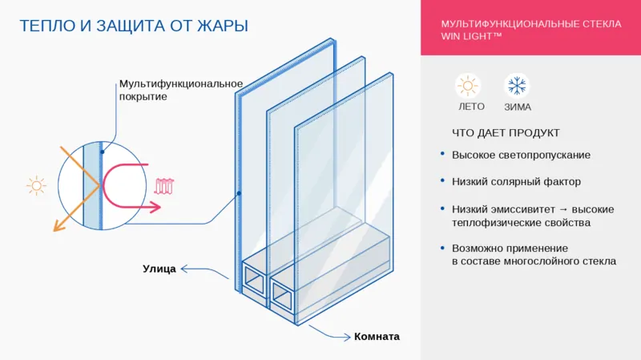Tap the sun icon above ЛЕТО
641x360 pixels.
click(467, 85)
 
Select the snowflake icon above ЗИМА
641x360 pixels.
click(516, 85)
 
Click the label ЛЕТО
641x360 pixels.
click(470, 107)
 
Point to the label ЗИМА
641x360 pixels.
click(518, 107)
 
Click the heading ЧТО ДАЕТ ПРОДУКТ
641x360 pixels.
click(505, 132)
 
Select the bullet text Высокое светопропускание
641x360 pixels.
click(521, 155)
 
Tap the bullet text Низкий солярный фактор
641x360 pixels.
click(516, 182)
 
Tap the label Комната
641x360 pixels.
click(377, 337)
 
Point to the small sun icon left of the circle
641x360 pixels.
click(36, 187)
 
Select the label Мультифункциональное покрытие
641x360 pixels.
click(180, 90)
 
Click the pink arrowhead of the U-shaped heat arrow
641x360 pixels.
click(150, 206)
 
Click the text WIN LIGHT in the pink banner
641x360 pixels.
click(471, 36)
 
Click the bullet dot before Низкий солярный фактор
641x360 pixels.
click(443, 182)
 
